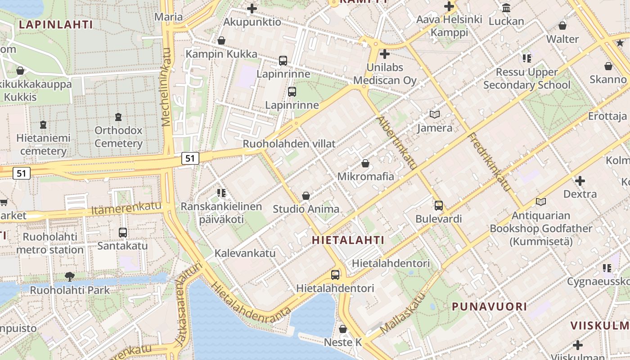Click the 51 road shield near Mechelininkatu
coord(190,158)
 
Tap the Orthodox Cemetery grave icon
coord(118,117)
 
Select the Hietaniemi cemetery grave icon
coord(43,124)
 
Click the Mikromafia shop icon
coord(365,163)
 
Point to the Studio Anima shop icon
coord(306,196)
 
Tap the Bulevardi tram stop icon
coord(439,206)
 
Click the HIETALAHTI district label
coord(348,240)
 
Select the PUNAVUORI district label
coord(489,306)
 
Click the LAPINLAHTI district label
coord(56,24)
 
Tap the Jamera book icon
coord(435,115)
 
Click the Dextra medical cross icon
coord(580,181)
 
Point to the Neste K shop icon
coord(343,329)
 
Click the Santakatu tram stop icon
coord(123,233)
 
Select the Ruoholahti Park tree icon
coord(69,276)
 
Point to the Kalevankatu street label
coord(245,253)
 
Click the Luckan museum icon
coord(506,8)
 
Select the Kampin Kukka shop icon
coord(221,40)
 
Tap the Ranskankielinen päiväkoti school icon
coord(221,193)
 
